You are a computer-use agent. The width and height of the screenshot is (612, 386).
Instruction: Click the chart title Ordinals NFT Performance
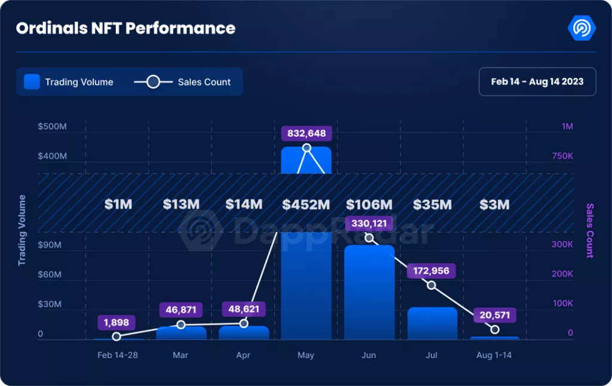click(x=126, y=28)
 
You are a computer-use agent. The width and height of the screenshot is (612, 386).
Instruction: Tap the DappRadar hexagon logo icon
click(x=581, y=27)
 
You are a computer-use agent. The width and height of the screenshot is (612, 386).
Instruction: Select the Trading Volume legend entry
click(x=69, y=82)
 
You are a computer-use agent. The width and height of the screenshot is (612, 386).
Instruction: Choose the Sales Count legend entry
click(x=183, y=82)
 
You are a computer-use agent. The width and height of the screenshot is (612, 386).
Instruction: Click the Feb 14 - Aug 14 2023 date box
click(x=537, y=82)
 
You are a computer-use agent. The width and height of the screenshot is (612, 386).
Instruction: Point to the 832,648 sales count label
click(x=307, y=133)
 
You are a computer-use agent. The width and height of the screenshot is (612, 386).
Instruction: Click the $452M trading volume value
click(x=306, y=205)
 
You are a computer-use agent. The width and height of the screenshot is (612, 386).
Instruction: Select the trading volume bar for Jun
click(x=369, y=292)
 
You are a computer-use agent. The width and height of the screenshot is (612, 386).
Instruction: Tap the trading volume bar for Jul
click(x=432, y=323)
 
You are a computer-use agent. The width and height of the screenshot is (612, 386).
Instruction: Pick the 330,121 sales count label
click(x=369, y=224)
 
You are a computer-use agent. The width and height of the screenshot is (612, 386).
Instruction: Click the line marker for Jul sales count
click(x=432, y=285)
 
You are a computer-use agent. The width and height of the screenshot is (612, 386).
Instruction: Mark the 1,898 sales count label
click(x=117, y=323)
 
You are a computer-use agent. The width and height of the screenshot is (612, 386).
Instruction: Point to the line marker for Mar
click(x=181, y=325)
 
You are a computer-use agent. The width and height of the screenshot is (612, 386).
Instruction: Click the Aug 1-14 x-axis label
click(x=494, y=355)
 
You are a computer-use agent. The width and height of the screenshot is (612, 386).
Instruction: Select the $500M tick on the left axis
click(x=52, y=126)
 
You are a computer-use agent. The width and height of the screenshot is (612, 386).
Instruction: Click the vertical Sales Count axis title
click(x=590, y=230)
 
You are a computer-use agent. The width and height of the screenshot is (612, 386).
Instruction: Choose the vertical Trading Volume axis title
click(x=22, y=230)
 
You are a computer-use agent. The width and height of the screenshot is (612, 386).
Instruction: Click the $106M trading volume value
click(x=369, y=205)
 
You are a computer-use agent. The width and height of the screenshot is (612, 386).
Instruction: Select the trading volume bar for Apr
click(x=244, y=333)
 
